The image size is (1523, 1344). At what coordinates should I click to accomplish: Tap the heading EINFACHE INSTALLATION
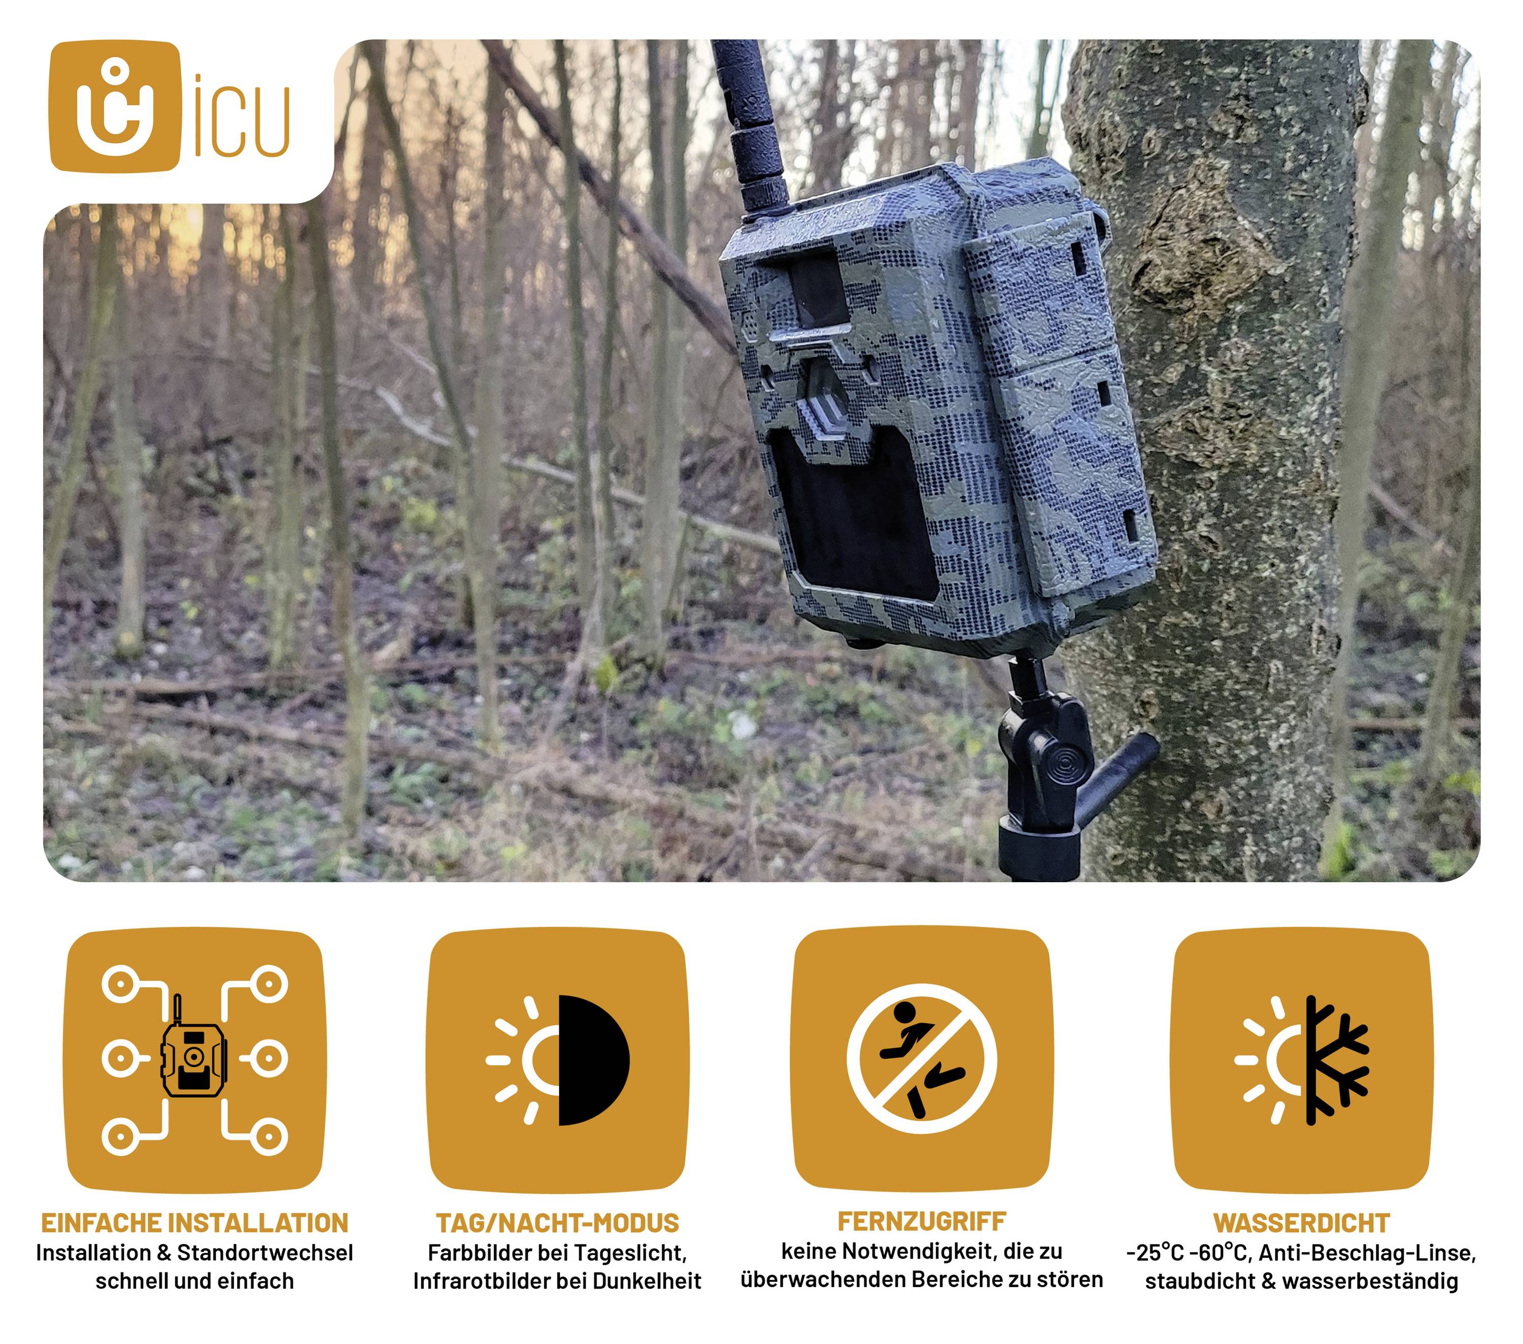click(194, 1223)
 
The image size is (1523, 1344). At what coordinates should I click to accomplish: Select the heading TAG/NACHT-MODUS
click(557, 1223)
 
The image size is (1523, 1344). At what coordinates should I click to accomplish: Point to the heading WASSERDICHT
click(1301, 1223)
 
